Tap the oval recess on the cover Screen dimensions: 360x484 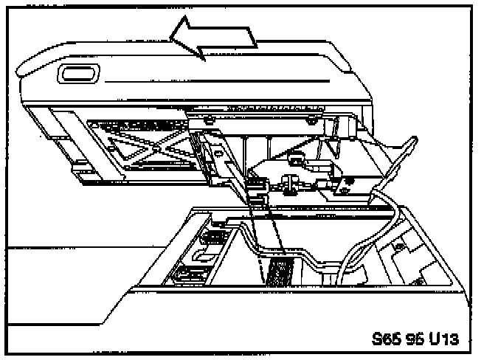click(x=76, y=74)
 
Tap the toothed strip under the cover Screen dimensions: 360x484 click(x=273, y=108)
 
